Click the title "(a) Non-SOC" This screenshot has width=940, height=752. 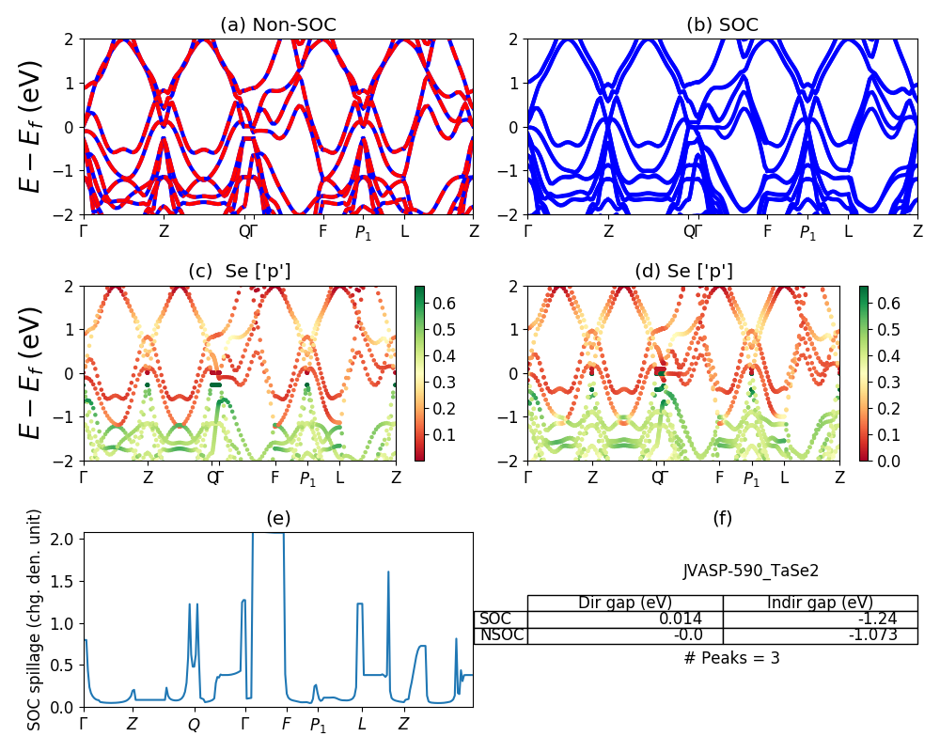(278, 25)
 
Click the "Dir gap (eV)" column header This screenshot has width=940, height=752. (624, 603)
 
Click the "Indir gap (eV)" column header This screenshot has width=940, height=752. (820, 603)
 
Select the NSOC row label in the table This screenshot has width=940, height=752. (501, 635)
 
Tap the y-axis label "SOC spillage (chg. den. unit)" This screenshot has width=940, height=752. (35, 619)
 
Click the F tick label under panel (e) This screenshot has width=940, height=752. (287, 725)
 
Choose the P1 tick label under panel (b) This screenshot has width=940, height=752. (807, 232)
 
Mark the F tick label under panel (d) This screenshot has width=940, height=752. (719, 478)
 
